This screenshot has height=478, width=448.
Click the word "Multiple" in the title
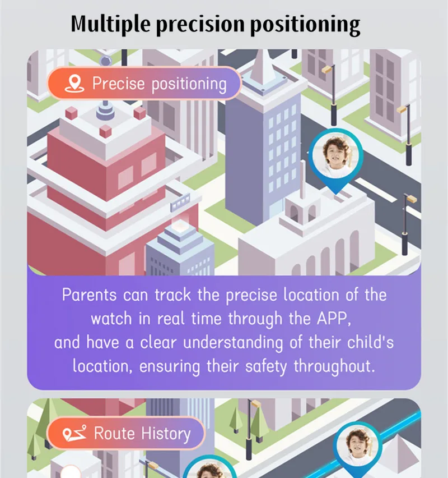(110, 24)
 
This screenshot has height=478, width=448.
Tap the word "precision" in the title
(200, 24)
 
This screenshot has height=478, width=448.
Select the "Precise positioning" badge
(144, 83)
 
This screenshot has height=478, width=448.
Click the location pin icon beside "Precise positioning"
(74, 83)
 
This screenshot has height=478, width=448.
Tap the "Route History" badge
(125, 433)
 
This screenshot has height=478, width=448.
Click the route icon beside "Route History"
(74, 433)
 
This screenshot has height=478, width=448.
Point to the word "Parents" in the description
(89, 295)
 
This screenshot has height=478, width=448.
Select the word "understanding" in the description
(233, 343)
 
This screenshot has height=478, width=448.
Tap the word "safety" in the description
(266, 367)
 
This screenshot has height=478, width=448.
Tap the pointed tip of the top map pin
(335, 194)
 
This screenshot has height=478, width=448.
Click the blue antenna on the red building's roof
(105, 111)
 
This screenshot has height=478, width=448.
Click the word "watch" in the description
(111, 319)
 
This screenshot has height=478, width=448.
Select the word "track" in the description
(172, 295)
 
